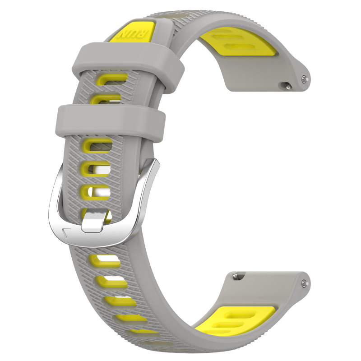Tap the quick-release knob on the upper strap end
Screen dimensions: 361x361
click(285, 84)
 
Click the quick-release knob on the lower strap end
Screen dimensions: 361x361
click(236, 274)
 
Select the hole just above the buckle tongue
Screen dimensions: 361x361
click(96, 193)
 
